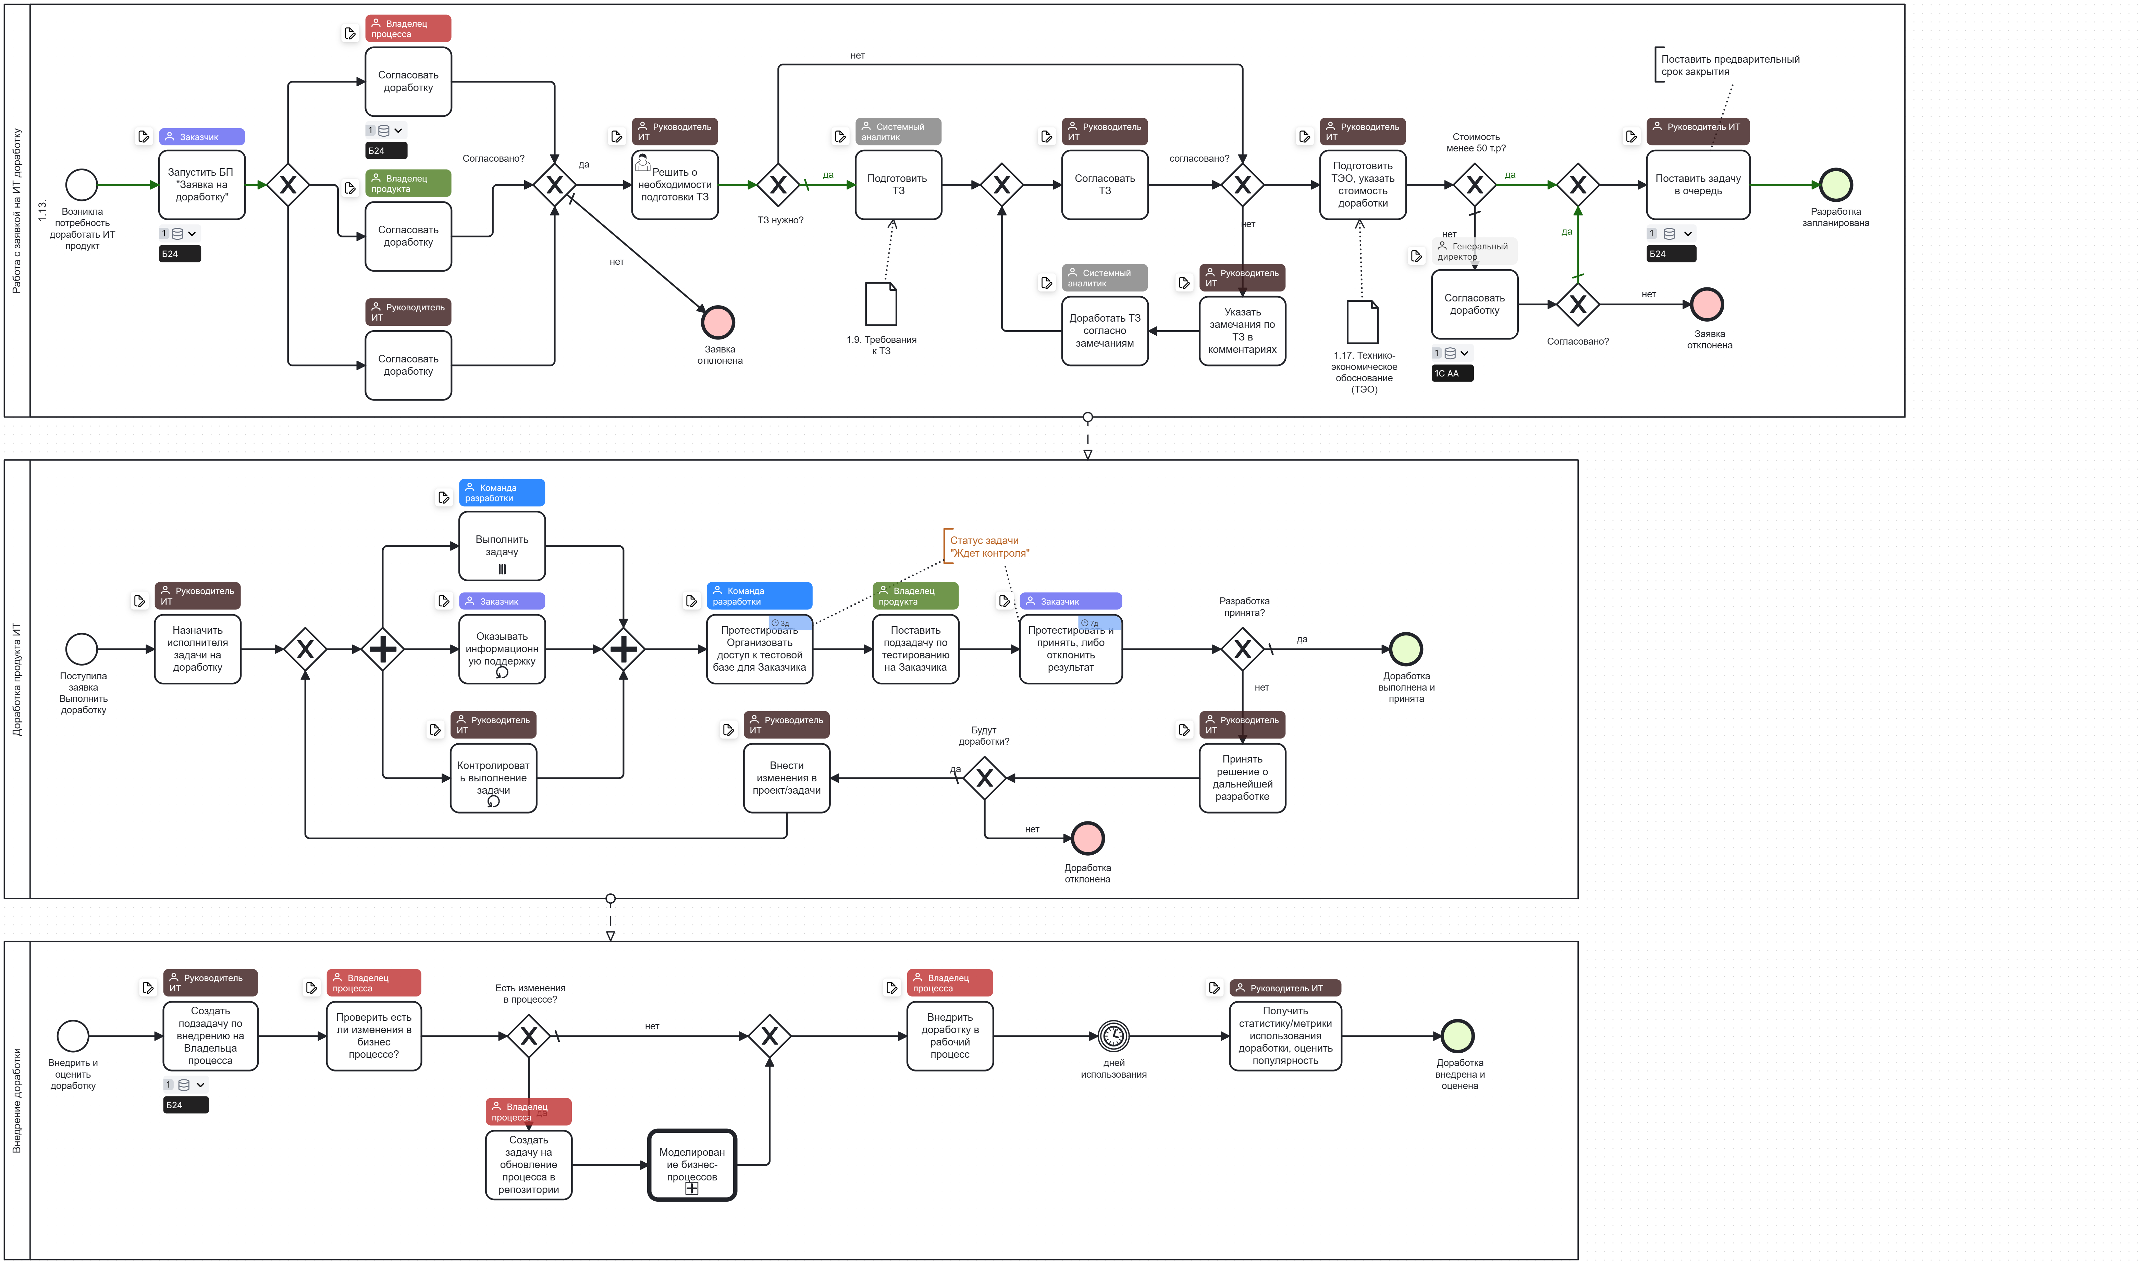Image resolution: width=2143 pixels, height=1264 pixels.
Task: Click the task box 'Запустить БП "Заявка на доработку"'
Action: coord(202,185)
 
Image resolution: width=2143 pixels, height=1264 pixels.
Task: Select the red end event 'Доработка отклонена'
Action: coord(1088,838)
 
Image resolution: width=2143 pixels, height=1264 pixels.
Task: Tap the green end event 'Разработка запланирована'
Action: coord(1836,185)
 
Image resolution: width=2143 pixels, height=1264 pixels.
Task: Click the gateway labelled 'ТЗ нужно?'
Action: coord(778,185)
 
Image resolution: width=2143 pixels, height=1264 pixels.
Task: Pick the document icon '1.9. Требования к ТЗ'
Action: coord(881,304)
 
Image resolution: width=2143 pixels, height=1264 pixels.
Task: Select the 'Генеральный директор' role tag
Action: coord(1474,251)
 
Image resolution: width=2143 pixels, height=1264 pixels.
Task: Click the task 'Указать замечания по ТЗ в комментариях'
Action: coord(1242,331)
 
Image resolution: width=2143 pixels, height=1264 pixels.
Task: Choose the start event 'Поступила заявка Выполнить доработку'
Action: coord(82,649)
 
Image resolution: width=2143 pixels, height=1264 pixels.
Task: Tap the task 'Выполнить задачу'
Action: coord(502,546)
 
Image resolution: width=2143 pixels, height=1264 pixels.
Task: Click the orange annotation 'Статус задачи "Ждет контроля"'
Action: coord(988,547)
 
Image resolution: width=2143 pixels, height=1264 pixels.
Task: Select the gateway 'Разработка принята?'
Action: coord(1242,649)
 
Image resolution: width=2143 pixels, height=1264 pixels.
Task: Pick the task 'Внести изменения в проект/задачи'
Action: coord(786,778)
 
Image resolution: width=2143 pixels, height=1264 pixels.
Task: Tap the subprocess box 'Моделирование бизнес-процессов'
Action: coord(692,1164)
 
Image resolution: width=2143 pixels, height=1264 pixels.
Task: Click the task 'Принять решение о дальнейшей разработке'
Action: coord(1242,778)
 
